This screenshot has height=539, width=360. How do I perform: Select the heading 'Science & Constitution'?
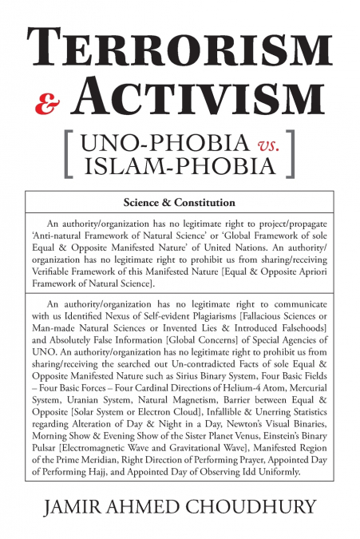point(180,202)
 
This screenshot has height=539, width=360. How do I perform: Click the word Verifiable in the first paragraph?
point(64,271)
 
